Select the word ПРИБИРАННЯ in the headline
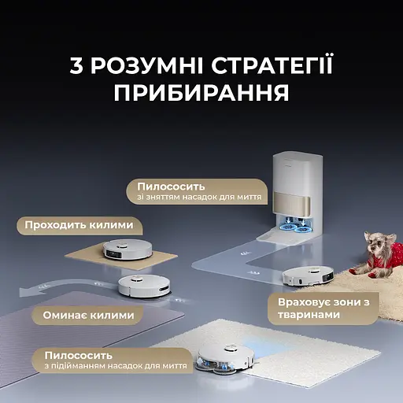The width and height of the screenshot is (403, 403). pyautogui.click(x=201, y=93)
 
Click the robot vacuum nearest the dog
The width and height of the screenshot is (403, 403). pyautogui.click(x=307, y=275)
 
